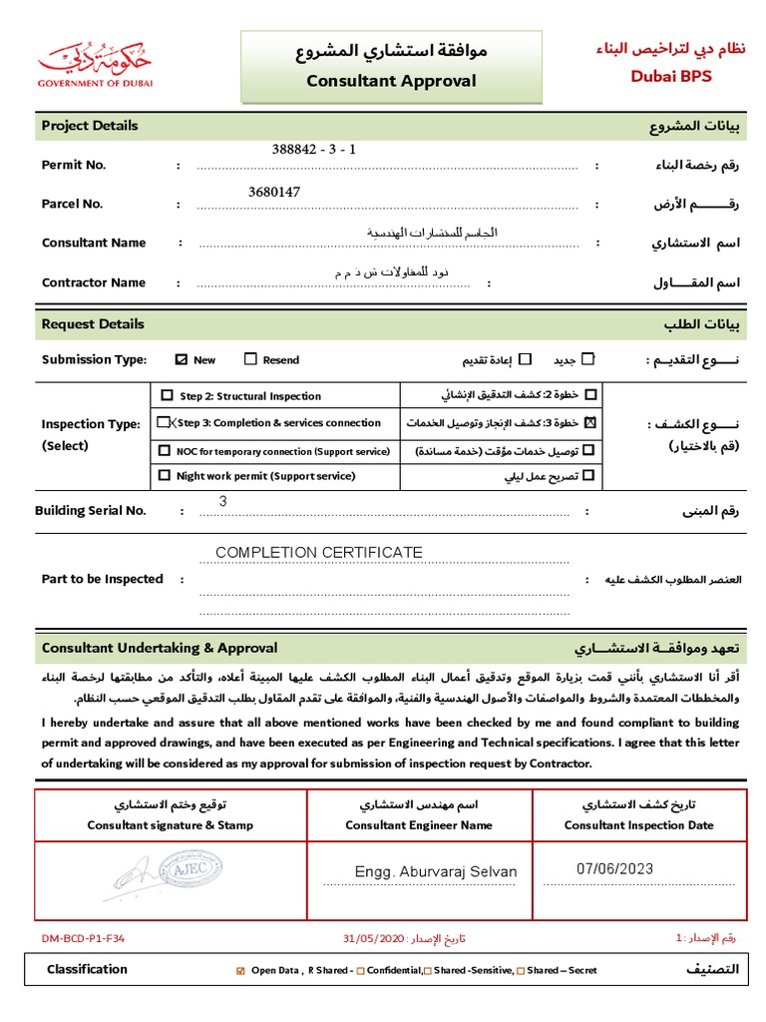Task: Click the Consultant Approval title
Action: pos(391,81)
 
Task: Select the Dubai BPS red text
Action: pos(670,76)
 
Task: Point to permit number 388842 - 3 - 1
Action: pos(314,150)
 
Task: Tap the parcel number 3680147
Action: pos(274,191)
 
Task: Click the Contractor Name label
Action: pos(94,282)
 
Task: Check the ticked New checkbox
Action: pos(181,359)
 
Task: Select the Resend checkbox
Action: pos(250,359)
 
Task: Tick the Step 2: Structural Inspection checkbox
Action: pos(167,395)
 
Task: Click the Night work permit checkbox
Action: pos(165,476)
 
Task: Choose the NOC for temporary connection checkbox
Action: pos(165,451)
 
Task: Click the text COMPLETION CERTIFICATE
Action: pos(319,552)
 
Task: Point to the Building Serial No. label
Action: pos(91,510)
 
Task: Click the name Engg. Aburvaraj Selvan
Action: pos(436,871)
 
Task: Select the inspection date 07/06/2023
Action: pos(614,868)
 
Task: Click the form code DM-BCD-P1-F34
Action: pos(83,938)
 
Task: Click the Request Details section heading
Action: pos(93,324)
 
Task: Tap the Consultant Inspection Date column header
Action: pos(638,825)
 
